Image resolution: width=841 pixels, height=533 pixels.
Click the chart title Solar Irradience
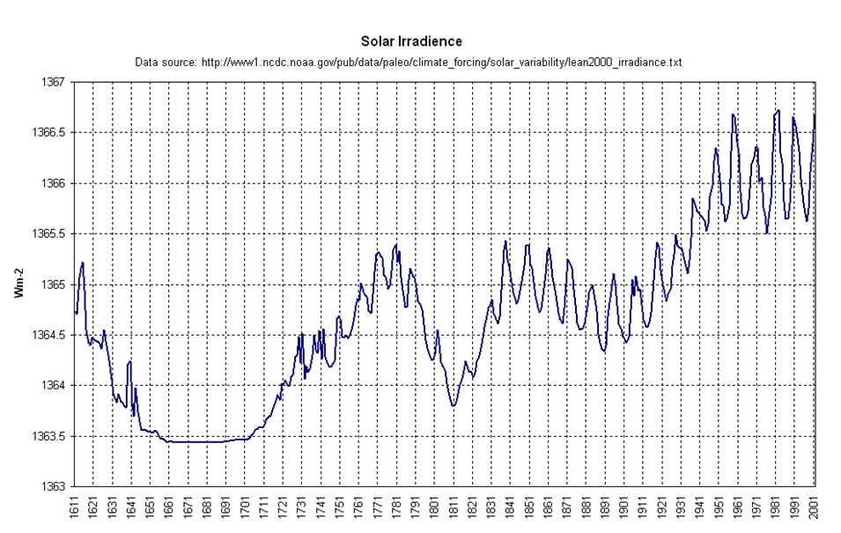tap(411, 41)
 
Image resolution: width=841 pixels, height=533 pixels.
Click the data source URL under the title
tap(409, 63)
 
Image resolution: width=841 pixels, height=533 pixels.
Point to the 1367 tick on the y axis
tap(54, 83)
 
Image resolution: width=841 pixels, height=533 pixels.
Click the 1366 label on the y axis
tap(54, 184)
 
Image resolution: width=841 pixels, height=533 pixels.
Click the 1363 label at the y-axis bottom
tap(54, 487)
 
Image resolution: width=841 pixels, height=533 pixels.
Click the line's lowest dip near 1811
tap(454, 405)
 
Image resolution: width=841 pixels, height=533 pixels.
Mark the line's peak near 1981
tap(778, 110)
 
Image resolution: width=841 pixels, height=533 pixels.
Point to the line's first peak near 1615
tap(83, 263)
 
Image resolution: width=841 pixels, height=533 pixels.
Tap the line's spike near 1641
tap(130, 361)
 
